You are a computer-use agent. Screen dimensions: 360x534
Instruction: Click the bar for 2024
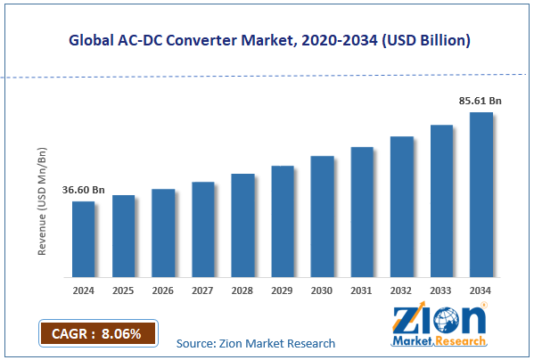pyautogui.click(x=83, y=239)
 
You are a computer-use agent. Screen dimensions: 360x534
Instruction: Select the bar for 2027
pyautogui.click(x=202, y=229)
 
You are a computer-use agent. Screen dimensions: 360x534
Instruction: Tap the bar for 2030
pyautogui.click(x=322, y=217)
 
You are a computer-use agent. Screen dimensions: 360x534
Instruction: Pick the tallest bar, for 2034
pyautogui.click(x=481, y=194)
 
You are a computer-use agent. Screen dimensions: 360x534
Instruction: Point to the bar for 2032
pyautogui.click(x=401, y=207)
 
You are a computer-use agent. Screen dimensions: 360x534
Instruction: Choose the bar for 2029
pyautogui.click(x=282, y=221)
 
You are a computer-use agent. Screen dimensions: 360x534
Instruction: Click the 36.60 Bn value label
pyautogui.click(x=83, y=189)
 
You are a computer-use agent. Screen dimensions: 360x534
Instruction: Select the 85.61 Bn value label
pyautogui.click(x=481, y=101)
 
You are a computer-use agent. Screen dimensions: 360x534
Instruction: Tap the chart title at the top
pyautogui.click(x=267, y=41)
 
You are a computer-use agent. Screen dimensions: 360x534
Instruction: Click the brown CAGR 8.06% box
pyautogui.click(x=97, y=333)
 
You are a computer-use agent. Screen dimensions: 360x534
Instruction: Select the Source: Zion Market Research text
pyautogui.click(x=256, y=343)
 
